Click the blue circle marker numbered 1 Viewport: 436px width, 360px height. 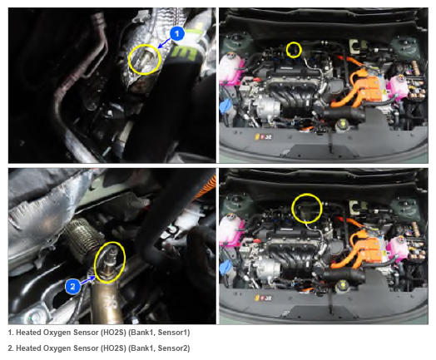pyautogui.click(x=177, y=34)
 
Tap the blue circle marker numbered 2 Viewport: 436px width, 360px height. pyautogui.click(x=72, y=286)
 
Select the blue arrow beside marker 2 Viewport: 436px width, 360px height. pyautogui.click(x=87, y=281)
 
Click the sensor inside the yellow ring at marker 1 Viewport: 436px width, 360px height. pyautogui.click(x=144, y=60)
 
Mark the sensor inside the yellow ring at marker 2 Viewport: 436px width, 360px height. pyautogui.click(x=109, y=263)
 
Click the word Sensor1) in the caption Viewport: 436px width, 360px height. pyautogui.click(x=174, y=333)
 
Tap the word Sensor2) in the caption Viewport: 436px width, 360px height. pyautogui.click(x=174, y=348)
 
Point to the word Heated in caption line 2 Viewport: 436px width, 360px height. pyautogui.click(x=27, y=348)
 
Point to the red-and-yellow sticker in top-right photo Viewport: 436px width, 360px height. pyautogui.click(x=263, y=136)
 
